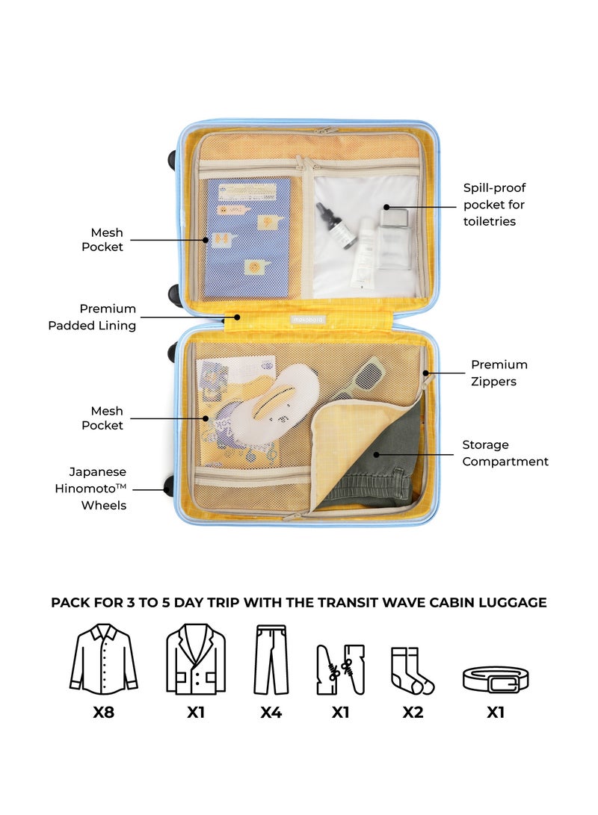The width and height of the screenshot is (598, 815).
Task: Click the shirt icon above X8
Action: pos(103,661)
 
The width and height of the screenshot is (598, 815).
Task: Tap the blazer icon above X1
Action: pos(196,661)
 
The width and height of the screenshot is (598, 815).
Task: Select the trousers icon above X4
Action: pos(270,660)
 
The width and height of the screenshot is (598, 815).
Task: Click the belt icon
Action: pos(495,679)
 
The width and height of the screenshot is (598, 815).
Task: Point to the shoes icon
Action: pos(340,669)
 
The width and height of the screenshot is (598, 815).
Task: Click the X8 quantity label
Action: pos(103,712)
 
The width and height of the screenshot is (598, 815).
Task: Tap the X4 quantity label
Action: pos(271,712)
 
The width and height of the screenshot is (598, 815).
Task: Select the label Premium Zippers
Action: pos(499,373)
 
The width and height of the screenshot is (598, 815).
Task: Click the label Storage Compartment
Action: pos(505,453)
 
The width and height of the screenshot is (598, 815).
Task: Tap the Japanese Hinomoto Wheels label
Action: pos(97,489)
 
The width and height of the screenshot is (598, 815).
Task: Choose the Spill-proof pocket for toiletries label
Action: pos(494,205)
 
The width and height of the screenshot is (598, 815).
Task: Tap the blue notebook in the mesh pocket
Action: pos(247,235)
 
